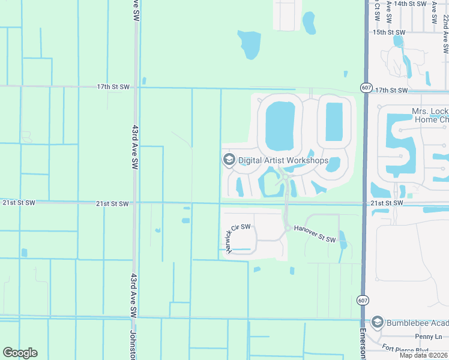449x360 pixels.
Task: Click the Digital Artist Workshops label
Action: click(283, 160)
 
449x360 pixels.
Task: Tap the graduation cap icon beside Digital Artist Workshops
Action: click(228, 160)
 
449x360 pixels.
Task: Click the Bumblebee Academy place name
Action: click(417, 322)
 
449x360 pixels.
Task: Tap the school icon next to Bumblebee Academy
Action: click(377, 322)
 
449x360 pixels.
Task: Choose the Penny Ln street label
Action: click(428, 337)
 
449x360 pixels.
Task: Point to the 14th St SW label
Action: click(408, 4)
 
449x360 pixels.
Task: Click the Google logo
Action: click(20, 353)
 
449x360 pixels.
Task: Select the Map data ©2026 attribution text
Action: click(424, 355)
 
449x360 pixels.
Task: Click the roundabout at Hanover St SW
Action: click(288, 228)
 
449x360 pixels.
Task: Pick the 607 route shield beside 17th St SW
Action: click(365, 88)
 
